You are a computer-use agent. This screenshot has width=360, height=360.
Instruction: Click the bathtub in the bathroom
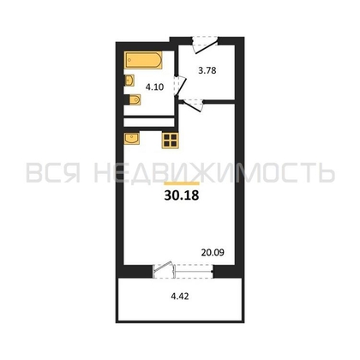(143, 60)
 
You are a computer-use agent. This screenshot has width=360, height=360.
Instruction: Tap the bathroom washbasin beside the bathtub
(129, 81)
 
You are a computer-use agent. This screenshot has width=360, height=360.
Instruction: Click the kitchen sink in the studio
(132, 139)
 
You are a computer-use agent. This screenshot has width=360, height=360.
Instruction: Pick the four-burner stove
(170, 141)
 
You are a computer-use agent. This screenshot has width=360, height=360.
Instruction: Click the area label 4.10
(154, 87)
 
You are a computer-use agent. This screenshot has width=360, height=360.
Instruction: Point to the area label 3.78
(207, 70)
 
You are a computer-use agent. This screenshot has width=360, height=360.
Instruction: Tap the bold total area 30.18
(182, 195)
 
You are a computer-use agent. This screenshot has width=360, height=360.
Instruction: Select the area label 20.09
(213, 253)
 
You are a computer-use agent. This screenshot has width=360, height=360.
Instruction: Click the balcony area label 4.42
(180, 297)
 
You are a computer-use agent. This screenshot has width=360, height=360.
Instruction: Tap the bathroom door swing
(180, 86)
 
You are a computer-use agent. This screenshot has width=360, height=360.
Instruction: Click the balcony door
(164, 270)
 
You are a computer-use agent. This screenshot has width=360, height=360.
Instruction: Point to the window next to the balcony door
(194, 271)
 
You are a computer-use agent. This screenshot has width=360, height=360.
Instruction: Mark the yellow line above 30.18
(182, 183)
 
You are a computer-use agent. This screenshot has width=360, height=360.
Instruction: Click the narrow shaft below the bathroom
(149, 123)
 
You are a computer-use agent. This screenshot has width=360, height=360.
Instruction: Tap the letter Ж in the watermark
(205, 172)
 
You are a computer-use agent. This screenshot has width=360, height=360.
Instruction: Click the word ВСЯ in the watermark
(53, 172)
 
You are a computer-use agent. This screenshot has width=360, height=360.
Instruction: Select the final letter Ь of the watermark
(325, 172)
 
